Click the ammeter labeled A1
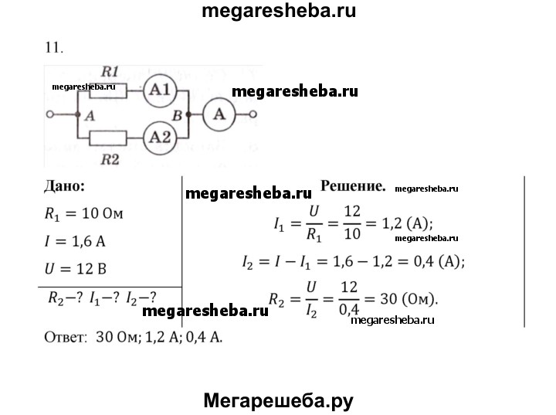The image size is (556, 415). coord(161,89)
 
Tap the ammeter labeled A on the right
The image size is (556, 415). coord(220,114)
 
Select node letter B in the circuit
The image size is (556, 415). coord(177,115)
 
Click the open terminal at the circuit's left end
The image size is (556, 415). coord(50,114)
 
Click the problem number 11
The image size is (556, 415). coord(53,47)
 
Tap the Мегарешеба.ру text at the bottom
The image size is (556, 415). coord(278,400)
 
